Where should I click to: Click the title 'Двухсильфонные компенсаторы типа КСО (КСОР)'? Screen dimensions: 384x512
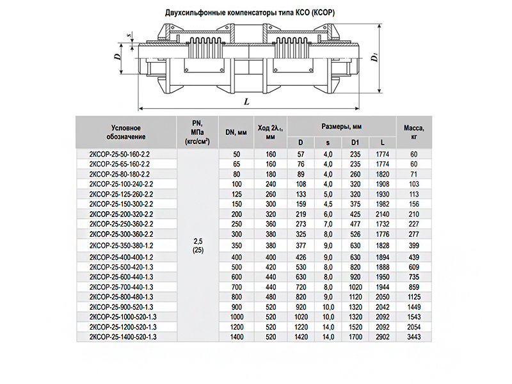(x=255, y=13)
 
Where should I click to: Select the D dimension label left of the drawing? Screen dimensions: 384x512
(x=118, y=56)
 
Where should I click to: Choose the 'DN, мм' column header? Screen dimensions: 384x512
(x=236, y=132)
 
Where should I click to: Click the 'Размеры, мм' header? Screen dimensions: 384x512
(x=341, y=126)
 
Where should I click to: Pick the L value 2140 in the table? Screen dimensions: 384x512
(x=382, y=212)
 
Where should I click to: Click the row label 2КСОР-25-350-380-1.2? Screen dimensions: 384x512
(x=123, y=245)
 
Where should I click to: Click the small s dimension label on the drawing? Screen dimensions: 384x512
(x=130, y=35)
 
